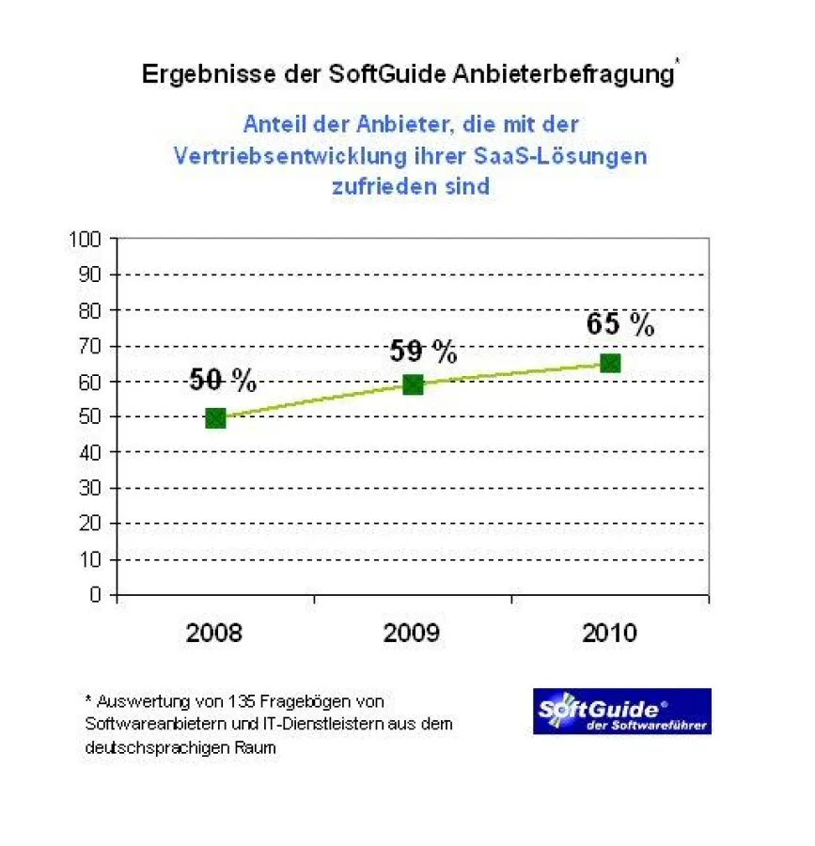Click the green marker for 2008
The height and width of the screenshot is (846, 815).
[x=215, y=417]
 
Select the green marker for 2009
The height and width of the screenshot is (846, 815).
[x=413, y=384]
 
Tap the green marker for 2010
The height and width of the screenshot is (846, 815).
[x=610, y=363]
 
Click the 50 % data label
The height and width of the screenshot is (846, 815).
[x=223, y=380]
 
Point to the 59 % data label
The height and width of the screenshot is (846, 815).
[x=423, y=352]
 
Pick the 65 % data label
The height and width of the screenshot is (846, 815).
[x=620, y=324]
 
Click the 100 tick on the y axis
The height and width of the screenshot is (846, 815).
[x=85, y=239]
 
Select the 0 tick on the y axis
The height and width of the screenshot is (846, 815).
[x=95, y=594]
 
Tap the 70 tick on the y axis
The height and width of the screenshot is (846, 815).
[x=89, y=346]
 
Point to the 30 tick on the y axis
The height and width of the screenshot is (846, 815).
[x=89, y=488]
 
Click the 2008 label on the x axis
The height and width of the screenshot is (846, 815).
[x=214, y=633]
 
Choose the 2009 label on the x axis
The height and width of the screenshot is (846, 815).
[x=412, y=633]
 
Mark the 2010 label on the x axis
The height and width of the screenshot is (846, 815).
[x=609, y=633]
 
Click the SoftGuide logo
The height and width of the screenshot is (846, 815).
[x=621, y=712]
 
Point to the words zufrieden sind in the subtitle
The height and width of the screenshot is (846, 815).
[x=410, y=186]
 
